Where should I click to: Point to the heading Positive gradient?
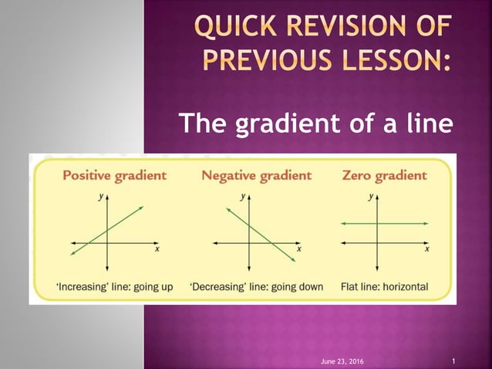click(114, 175)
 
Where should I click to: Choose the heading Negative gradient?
click(256, 175)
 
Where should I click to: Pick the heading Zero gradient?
click(383, 175)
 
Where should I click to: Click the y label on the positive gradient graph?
click(100, 196)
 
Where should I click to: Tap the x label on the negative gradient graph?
click(299, 249)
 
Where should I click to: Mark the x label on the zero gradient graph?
click(427, 249)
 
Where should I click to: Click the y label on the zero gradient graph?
click(371, 196)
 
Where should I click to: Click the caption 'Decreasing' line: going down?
click(256, 287)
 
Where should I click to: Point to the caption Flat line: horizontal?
click(384, 287)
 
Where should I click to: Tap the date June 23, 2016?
click(342, 361)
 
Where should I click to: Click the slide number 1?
click(453, 361)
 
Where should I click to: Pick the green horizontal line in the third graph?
click(401, 223)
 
